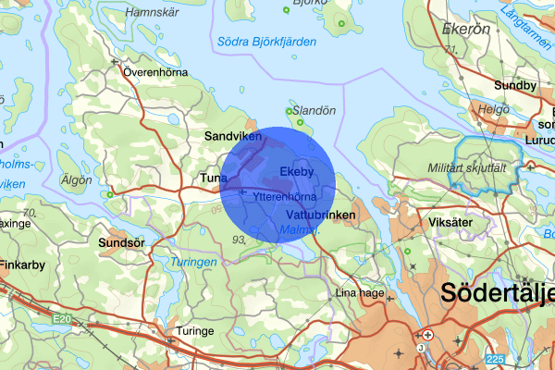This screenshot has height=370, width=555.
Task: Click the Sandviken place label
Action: [233, 136]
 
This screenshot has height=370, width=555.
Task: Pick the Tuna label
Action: [215, 178]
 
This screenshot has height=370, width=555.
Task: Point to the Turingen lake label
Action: [193, 263]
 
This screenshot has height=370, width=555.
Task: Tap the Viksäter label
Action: [426, 223]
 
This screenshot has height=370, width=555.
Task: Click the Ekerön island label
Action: [466, 29]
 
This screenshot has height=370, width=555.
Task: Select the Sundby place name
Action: [514, 86]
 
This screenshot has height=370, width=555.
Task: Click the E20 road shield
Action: [62, 318]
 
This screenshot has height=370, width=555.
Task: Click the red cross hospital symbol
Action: [427, 333]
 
